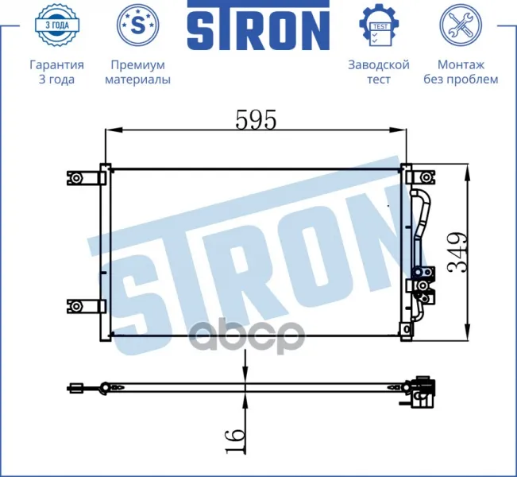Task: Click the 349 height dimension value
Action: [457, 253]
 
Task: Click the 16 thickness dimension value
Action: [235, 440]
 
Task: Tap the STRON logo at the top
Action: [259, 25]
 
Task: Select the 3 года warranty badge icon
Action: [57, 25]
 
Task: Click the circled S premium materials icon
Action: [138, 25]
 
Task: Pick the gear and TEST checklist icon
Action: [379, 25]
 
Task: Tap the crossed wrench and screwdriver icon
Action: [461, 25]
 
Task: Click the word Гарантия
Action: [56, 64]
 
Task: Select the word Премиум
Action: [138, 64]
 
